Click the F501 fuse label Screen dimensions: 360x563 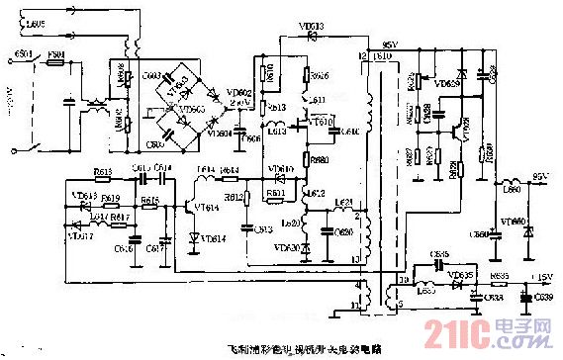coord(55,54)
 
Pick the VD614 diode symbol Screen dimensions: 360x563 coord(192,238)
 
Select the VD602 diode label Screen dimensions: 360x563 coord(239,92)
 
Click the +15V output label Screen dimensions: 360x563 coord(541,277)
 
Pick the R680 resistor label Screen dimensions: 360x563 coord(319,158)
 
